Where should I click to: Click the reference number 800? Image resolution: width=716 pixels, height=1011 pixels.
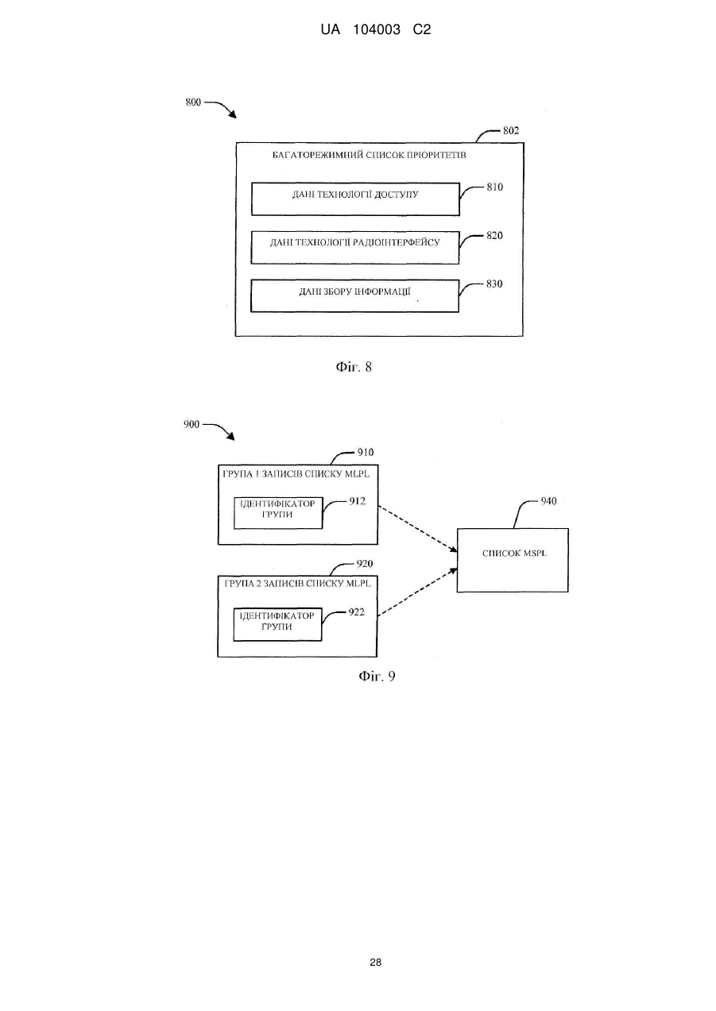(x=193, y=102)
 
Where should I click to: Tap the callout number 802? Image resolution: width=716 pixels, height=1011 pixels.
(x=511, y=131)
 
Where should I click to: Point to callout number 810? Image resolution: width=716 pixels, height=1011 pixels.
(x=494, y=187)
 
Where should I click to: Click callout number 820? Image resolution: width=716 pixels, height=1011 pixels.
(x=494, y=236)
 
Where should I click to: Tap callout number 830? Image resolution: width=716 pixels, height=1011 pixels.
(x=494, y=284)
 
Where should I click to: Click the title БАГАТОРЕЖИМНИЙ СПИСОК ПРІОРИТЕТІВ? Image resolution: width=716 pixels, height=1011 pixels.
(x=369, y=155)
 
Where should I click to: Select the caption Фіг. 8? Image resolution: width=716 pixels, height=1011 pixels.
(x=354, y=367)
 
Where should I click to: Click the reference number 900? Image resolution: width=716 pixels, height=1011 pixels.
(x=192, y=424)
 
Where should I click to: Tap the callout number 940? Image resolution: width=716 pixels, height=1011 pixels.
(x=549, y=501)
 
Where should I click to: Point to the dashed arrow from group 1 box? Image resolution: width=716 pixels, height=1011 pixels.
(x=417, y=529)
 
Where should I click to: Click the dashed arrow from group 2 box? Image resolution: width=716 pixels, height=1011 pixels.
(x=417, y=592)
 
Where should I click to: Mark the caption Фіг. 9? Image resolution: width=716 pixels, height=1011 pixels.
(x=377, y=676)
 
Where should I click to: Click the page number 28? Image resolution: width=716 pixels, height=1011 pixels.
(x=375, y=963)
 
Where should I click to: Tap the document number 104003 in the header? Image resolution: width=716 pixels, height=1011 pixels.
(x=377, y=30)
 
